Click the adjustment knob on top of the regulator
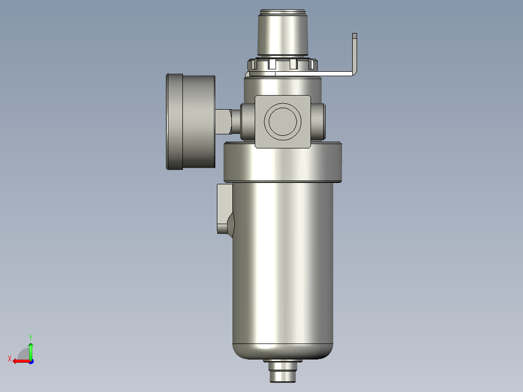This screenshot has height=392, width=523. (282, 34)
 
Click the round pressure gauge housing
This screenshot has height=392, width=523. (190, 121)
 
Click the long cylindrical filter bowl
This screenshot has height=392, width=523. (282, 262)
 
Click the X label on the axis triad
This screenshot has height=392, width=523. (9, 359)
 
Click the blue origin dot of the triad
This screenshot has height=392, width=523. (31, 361)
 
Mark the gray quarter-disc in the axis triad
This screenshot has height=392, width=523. (24, 354)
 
